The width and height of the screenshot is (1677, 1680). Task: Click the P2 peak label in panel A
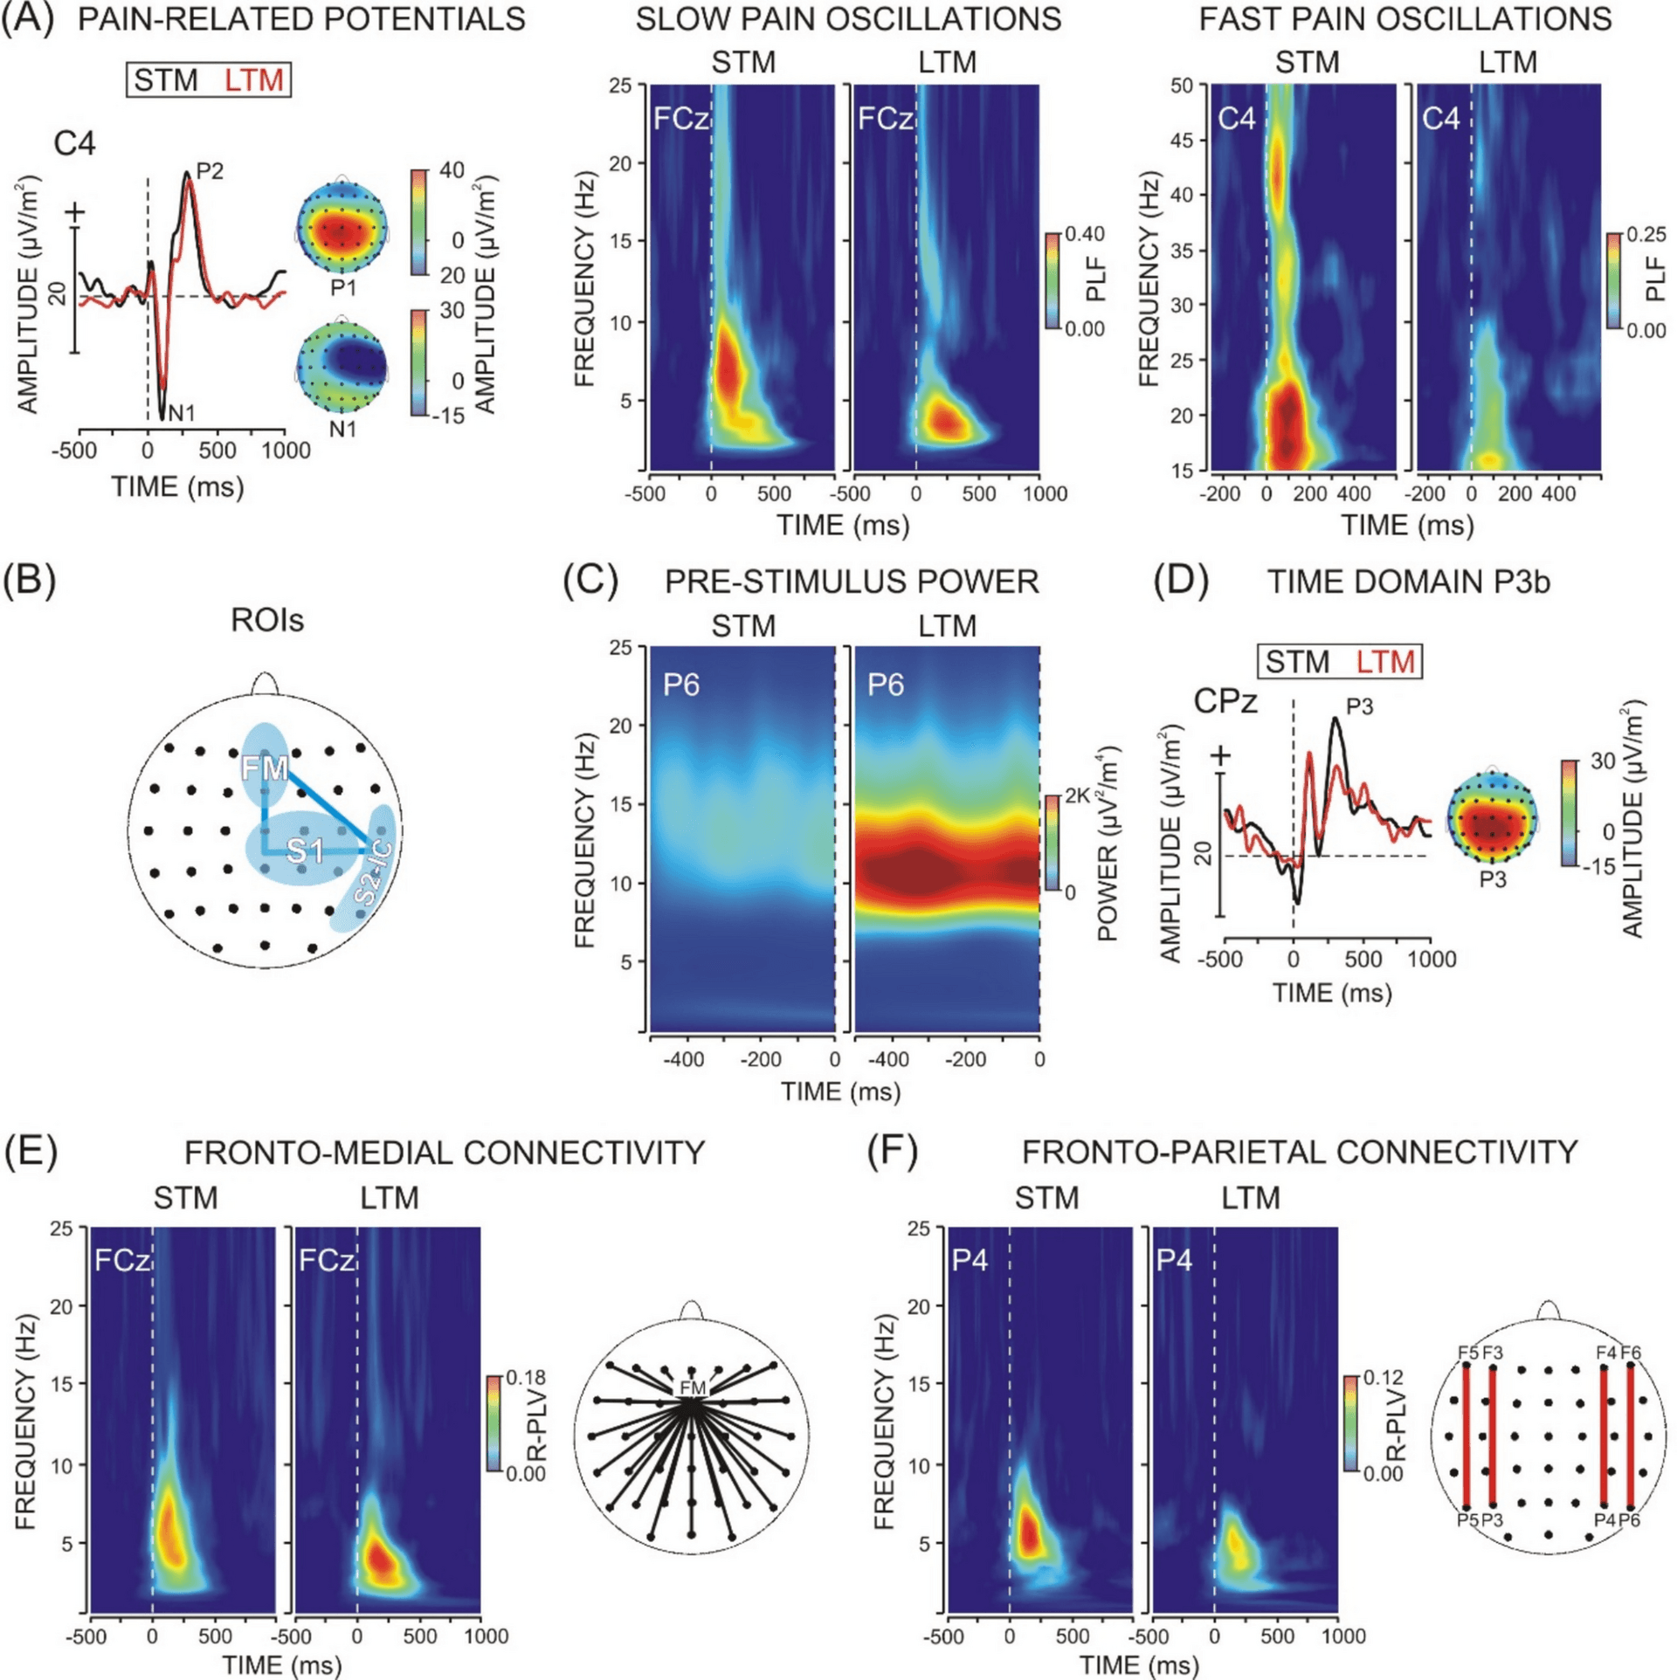[210, 171]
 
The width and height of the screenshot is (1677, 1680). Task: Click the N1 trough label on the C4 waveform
[181, 412]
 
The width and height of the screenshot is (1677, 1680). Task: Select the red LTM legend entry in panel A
[253, 80]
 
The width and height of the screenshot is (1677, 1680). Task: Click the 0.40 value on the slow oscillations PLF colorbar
[1084, 234]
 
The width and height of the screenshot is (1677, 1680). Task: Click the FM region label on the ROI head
[265, 768]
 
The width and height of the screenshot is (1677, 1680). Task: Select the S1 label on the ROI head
[305, 850]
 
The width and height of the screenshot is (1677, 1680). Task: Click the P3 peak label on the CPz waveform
[1359, 706]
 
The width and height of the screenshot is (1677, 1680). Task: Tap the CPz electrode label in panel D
[1225, 700]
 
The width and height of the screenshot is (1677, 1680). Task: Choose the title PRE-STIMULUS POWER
[851, 582]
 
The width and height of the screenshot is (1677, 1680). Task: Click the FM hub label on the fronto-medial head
[692, 1387]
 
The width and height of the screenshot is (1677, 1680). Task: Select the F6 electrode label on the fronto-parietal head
[1631, 1353]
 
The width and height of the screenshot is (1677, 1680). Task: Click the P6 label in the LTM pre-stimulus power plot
[885, 685]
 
